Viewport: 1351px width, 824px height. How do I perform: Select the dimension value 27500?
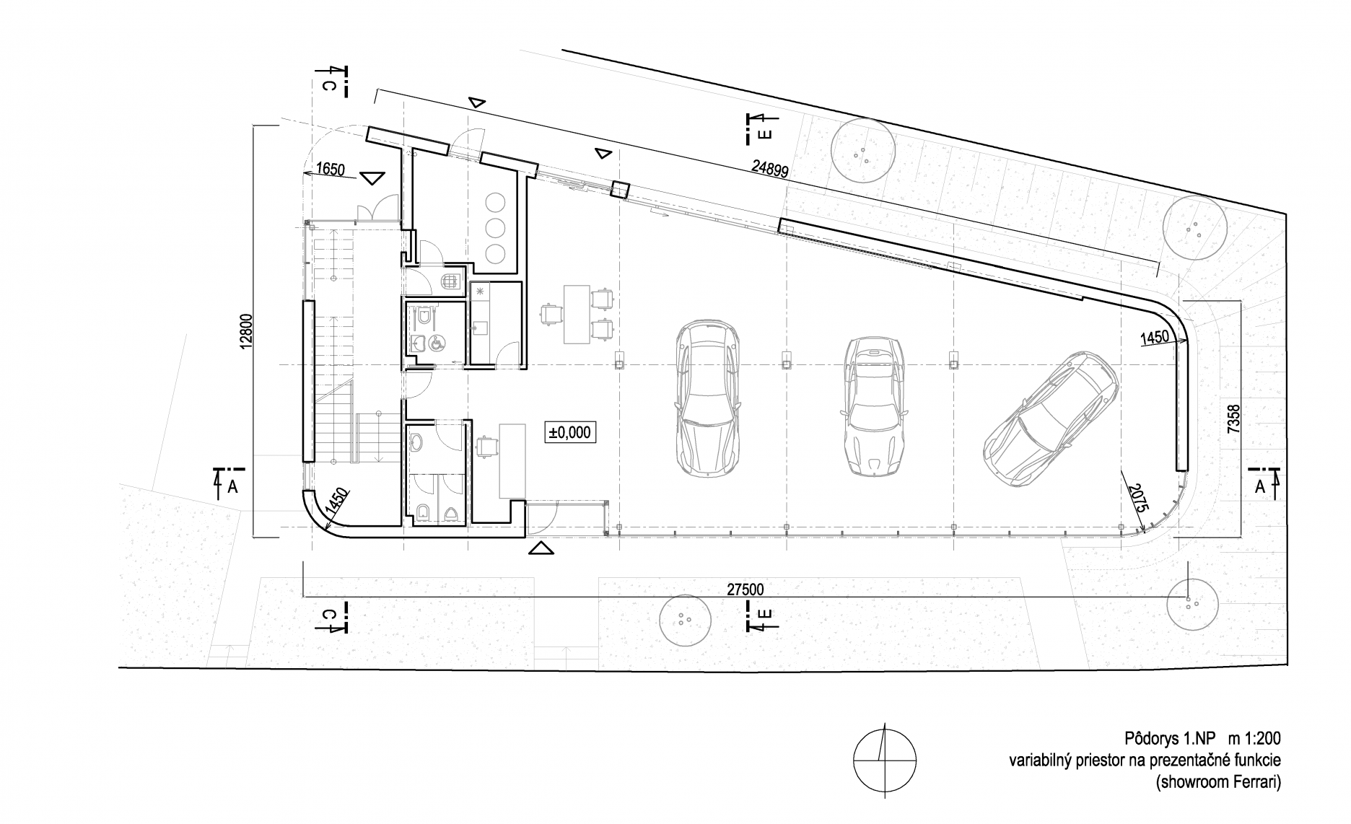(745, 589)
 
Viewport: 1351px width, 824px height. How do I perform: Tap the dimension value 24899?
(769, 170)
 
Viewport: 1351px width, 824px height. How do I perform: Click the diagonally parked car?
(1051, 418)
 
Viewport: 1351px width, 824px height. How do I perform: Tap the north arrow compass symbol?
(884, 761)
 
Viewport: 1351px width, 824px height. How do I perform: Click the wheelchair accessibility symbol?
(437, 343)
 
